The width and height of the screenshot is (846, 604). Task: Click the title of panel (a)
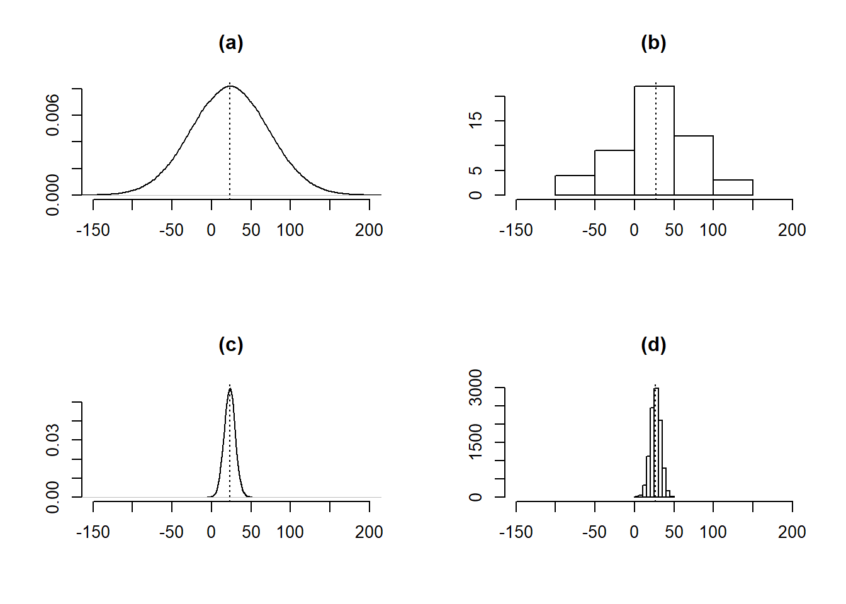[x=230, y=43]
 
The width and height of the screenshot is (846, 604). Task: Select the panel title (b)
[x=653, y=43]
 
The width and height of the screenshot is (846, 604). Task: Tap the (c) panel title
[x=230, y=345]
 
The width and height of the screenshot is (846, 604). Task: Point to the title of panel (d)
[x=653, y=345]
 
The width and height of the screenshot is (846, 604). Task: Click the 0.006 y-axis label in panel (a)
[x=53, y=115]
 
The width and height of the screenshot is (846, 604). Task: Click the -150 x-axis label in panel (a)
[x=93, y=230]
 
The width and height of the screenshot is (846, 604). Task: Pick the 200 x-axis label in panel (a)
[x=369, y=230]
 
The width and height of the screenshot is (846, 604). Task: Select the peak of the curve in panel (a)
[x=230, y=86]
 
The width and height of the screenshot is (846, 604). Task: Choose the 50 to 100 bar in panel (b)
[x=694, y=165]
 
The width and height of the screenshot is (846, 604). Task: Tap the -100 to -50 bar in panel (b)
[x=575, y=185]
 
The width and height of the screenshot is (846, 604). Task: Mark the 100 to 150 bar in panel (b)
[x=733, y=187]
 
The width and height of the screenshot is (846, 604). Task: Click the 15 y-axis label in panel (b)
[x=476, y=120]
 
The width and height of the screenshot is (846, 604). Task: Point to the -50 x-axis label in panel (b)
[x=594, y=230]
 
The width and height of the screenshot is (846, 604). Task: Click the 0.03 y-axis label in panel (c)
[x=53, y=439]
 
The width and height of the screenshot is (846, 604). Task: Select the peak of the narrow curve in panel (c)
[x=230, y=389]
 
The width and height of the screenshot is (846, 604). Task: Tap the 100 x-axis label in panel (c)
[x=290, y=532]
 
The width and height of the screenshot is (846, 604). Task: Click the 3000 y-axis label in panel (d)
[x=476, y=388]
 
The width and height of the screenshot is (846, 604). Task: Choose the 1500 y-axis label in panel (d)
[x=476, y=442]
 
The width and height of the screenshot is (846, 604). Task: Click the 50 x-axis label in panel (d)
[x=674, y=532]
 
